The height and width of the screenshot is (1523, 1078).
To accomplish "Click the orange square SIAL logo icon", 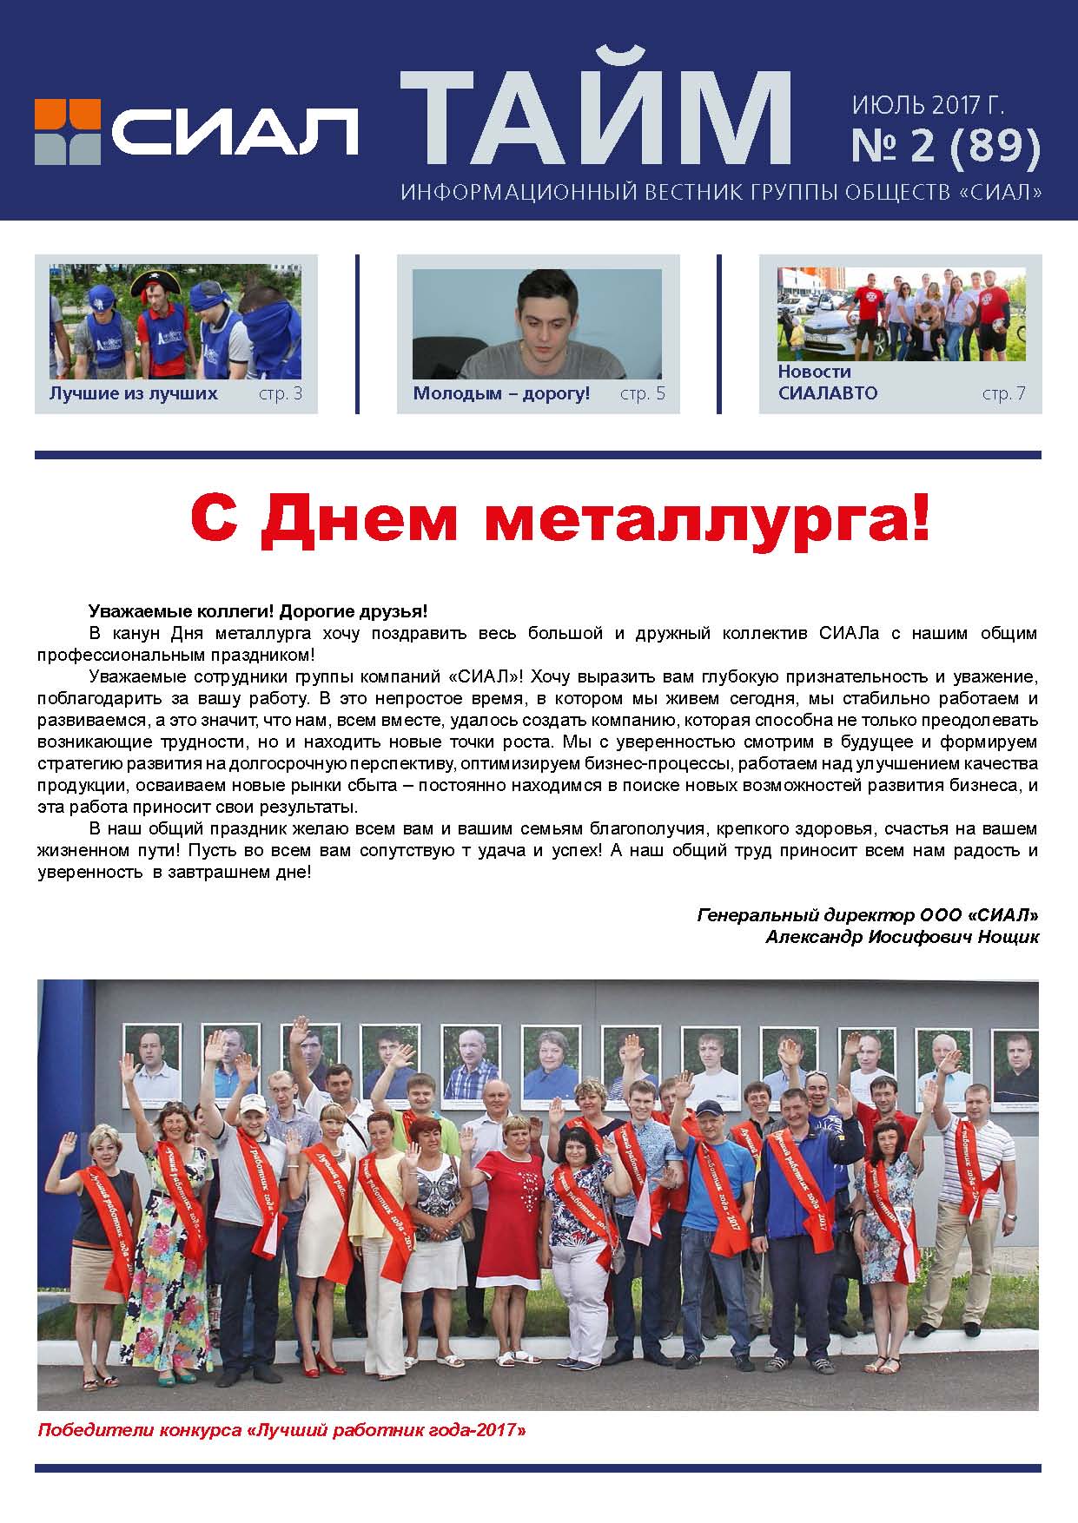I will click(67, 131).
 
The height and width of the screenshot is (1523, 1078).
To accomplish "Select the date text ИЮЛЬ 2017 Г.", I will click(928, 106).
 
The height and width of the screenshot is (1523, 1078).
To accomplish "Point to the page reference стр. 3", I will click(281, 394).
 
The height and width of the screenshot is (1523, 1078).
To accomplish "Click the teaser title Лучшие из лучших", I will click(133, 393).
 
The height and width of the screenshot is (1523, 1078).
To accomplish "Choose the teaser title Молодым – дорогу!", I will click(501, 393).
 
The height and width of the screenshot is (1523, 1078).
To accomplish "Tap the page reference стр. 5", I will click(643, 394).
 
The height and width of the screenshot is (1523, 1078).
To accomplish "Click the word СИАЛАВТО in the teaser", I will click(828, 393).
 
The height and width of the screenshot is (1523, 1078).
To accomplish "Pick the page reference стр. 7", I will click(1004, 394).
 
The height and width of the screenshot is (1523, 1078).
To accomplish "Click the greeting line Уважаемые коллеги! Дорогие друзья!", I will click(258, 611).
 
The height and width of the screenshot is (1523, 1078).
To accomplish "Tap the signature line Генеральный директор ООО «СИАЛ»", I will click(867, 915).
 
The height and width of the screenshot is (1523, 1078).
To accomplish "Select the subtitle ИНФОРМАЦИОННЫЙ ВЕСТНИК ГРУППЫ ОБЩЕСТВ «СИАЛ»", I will click(720, 192).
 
